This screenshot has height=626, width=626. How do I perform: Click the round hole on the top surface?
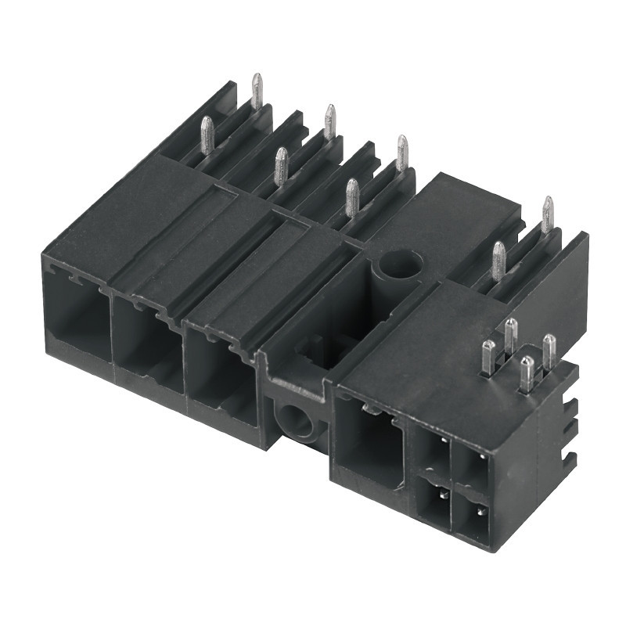click(x=400, y=264)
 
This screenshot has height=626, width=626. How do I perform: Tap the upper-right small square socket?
click(x=473, y=467)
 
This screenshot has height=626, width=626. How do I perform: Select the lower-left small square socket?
click(x=434, y=498)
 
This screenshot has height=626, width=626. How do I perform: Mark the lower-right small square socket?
click(x=473, y=517)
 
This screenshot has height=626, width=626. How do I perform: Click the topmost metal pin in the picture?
click(x=257, y=90)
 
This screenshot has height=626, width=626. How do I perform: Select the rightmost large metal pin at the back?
click(x=547, y=214)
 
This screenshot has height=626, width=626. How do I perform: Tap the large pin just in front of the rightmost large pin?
click(x=498, y=261)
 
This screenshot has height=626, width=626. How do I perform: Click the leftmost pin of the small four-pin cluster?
click(x=488, y=358)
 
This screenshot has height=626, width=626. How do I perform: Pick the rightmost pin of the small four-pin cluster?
click(x=549, y=352)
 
